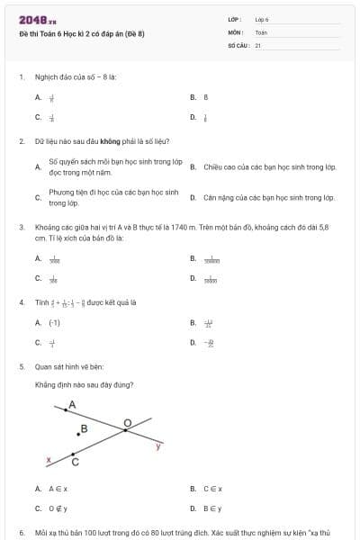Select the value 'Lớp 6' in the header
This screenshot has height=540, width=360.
[262, 19]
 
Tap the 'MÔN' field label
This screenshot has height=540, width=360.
[236, 32]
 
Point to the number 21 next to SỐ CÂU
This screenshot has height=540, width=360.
[258, 44]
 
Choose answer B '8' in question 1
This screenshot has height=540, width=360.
[206, 96]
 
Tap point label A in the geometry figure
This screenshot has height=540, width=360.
[72, 404]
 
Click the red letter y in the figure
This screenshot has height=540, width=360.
[158, 445]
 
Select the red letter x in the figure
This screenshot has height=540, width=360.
[49, 460]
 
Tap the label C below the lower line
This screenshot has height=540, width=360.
[75, 463]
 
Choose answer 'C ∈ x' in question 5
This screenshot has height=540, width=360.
[212, 489]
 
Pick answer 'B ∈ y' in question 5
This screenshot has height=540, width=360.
[212, 508]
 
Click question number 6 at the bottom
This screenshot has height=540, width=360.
[21, 533]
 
